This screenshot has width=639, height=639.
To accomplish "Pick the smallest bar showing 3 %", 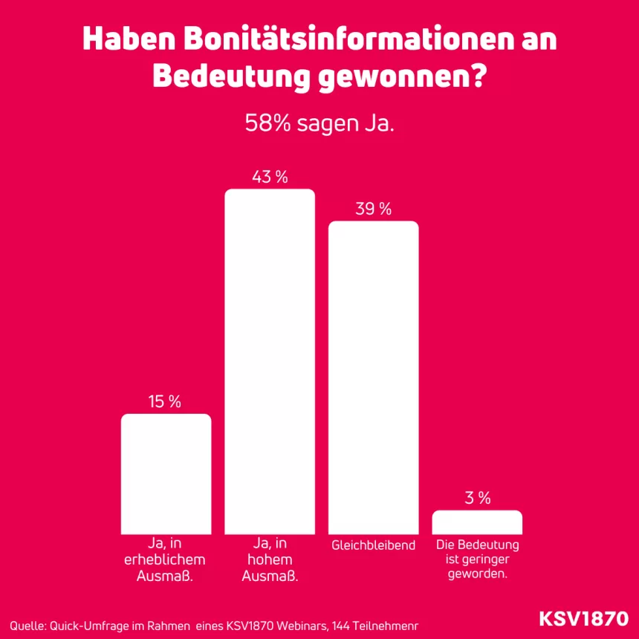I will [477, 522].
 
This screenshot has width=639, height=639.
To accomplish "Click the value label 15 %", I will [165, 402].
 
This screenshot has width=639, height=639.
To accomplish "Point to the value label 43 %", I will [270, 178].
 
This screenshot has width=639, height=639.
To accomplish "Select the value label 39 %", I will [373, 210].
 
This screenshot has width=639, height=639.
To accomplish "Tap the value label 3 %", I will [477, 499].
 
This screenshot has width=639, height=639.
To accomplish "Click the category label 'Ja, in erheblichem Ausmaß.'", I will [166, 559].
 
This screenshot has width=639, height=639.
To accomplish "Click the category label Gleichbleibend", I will [373, 545].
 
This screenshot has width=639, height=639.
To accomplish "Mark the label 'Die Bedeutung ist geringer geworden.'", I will [477, 559].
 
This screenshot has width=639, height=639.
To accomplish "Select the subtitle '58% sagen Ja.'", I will [319, 124].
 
